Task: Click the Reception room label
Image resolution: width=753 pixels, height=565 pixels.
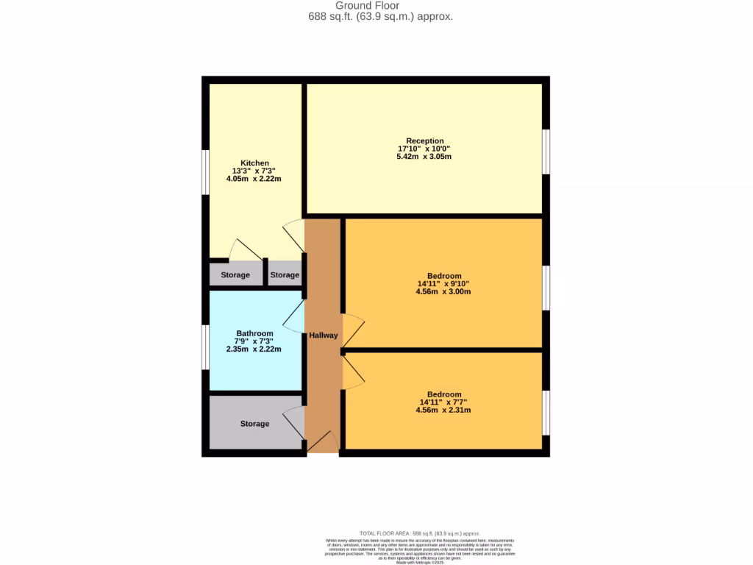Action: (425, 141)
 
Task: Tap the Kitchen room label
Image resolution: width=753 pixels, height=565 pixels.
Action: (254, 163)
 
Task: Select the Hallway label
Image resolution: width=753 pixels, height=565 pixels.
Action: (323, 335)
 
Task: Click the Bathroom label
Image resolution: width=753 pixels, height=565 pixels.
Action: (254, 333)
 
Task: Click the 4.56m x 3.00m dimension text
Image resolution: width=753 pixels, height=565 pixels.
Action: (443, 291)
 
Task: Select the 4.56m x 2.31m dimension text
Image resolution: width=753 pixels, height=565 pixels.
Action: (443, 410)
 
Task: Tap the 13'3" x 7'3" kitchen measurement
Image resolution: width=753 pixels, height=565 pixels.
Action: (254, 171)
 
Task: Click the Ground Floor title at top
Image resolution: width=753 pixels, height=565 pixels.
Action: (378, 6)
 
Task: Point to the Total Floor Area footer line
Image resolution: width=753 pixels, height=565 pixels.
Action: (419, 533)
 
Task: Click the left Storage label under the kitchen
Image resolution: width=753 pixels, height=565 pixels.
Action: (235, 275)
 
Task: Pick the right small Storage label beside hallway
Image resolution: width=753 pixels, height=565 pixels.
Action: (285, 275)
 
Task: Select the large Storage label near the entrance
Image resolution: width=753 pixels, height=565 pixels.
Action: (254, 424)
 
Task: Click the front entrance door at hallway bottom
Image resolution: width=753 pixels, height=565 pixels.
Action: (323, 444)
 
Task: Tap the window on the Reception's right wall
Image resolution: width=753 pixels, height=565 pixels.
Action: (546, 152)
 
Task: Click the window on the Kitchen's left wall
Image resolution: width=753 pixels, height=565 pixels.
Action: (206, 174)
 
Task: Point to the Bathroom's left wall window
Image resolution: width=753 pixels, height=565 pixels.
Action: (206, 345)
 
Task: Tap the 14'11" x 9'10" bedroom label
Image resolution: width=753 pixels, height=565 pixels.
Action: (444, 284)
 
